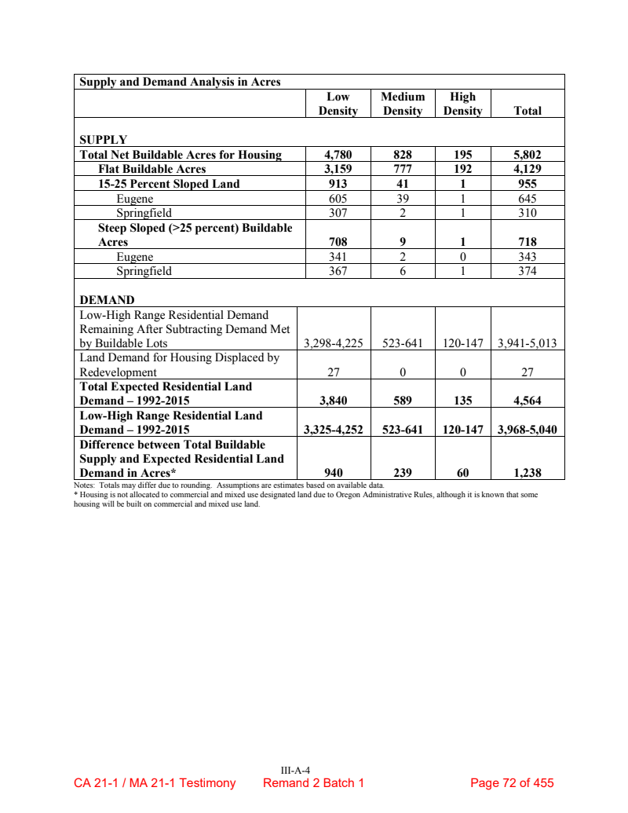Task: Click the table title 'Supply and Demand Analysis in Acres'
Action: [181, 82]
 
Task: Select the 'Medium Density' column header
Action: [403, 104]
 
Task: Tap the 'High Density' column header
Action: [462, 104]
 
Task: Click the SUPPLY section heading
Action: [103, 140]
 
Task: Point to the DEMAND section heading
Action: [107, 299]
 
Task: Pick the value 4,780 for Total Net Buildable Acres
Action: [338, 155]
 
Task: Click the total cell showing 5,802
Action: [527, 155]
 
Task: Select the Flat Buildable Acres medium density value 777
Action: [403, 169]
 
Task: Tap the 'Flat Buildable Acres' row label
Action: [152, 169]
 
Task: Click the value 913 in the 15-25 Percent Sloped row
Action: [338, 184]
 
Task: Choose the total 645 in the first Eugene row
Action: [527, 199]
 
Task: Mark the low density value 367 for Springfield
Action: [338, 271]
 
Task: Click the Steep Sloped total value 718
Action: [527, 243]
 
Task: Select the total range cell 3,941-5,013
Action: [527, 343]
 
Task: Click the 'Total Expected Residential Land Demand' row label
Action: [166, 393]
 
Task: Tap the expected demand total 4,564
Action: [527, 401]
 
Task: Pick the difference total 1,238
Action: [527, 473]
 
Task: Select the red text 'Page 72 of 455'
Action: [512, 783]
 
